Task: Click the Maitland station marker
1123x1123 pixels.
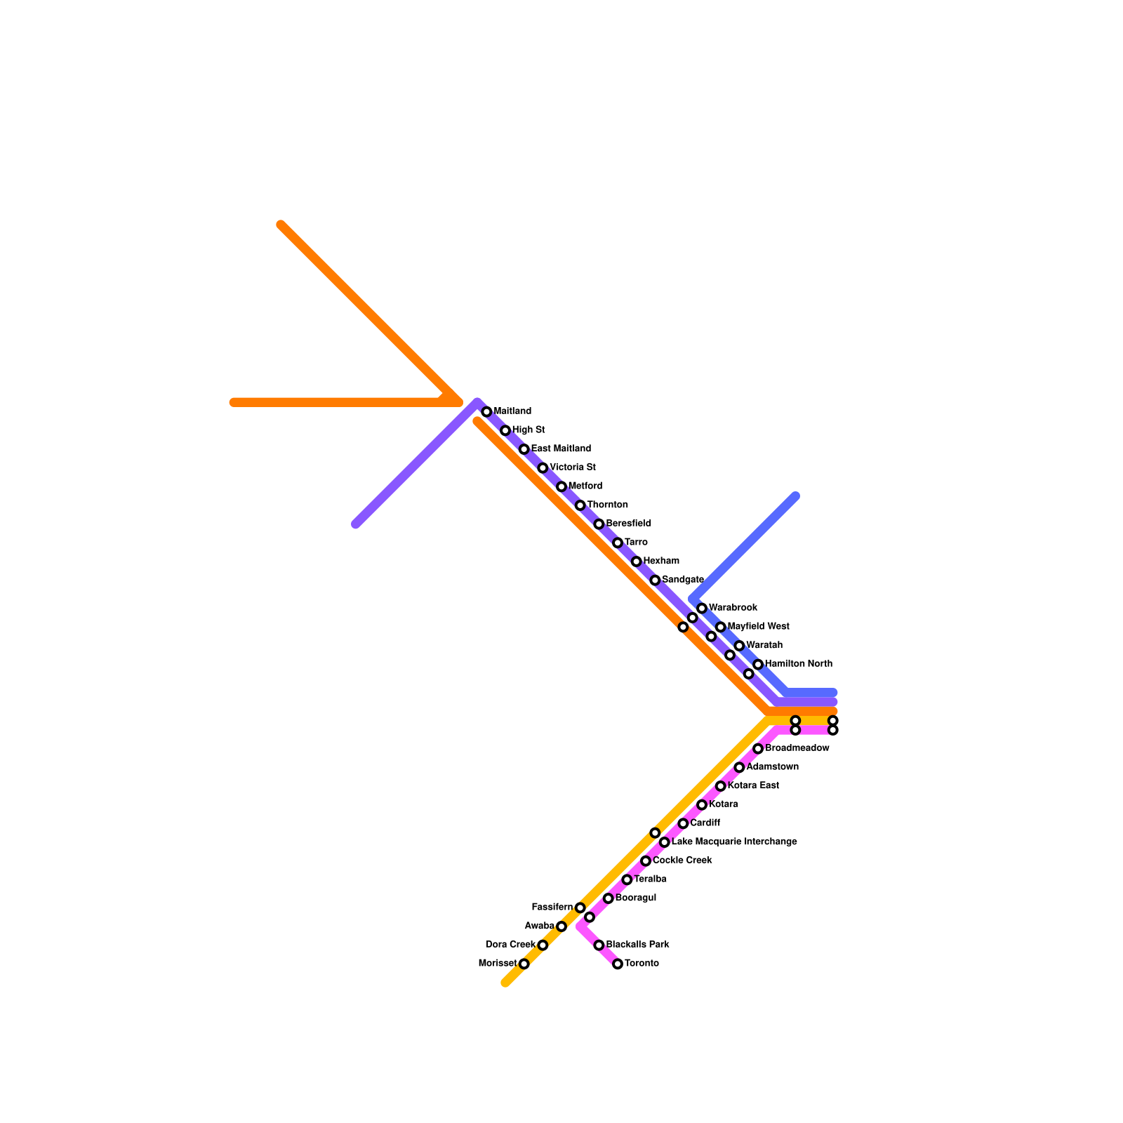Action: (486, 412)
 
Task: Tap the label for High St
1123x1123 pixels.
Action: (528, 430)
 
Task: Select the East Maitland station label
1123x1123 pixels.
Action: (560, 448)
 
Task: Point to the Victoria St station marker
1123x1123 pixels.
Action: (543, 468)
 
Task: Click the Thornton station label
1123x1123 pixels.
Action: (607, 505)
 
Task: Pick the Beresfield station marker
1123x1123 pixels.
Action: (599, 524)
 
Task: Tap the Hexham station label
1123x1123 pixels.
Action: (660, 561)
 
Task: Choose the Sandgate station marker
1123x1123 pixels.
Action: (655, 580)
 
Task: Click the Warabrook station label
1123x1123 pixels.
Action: (732, 607)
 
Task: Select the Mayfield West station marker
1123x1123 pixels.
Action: (720, 627)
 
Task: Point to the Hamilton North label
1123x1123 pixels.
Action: (798, 663)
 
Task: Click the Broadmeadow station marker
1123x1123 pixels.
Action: (758, 749)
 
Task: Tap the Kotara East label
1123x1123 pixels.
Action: (752, 785)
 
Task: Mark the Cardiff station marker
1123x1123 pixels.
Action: (683, 823)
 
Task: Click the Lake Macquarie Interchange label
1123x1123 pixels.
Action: (733, 842)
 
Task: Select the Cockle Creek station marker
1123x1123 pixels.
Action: (646, 861)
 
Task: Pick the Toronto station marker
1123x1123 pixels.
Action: (618, 964)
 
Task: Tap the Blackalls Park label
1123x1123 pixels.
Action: (637, 944)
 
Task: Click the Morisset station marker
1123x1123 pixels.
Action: (524, 964)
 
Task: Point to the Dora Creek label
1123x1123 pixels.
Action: (510, 944)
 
